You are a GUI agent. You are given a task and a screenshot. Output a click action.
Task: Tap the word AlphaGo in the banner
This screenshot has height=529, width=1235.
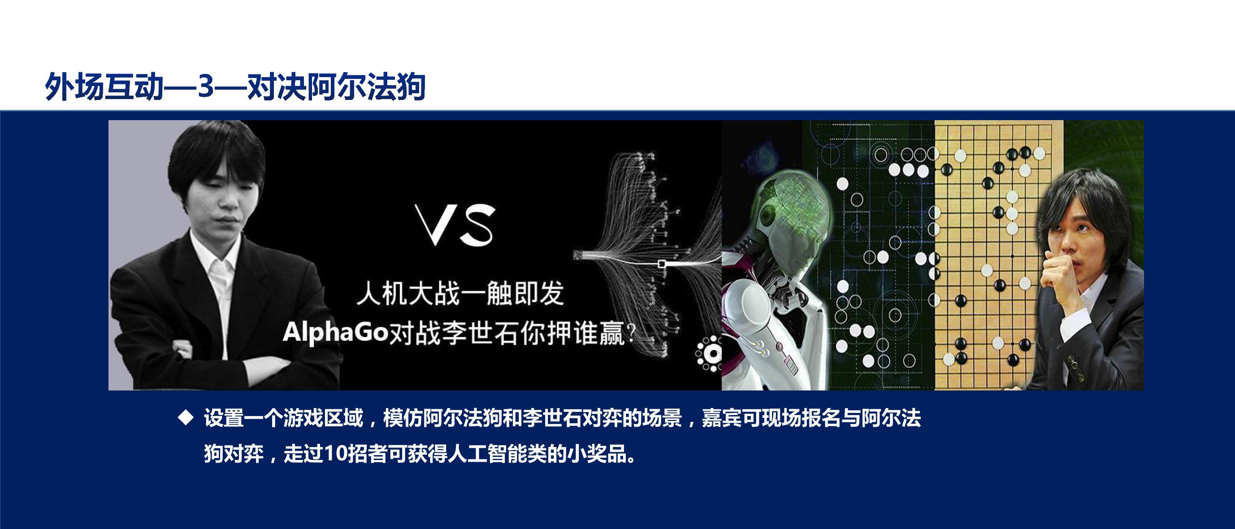coord(335,331)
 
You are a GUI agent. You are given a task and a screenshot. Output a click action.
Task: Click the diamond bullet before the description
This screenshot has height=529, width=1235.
coord(185,418)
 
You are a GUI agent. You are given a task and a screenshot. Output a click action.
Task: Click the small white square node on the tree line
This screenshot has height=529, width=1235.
coord(662,264)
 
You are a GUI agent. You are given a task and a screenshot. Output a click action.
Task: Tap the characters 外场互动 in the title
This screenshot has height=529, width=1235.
coord(104,87)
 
